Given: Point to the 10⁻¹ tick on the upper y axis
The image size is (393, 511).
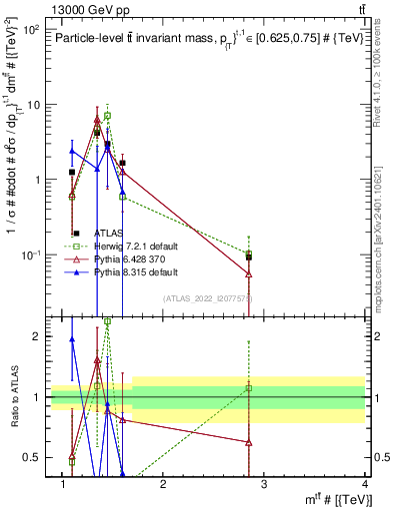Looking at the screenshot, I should point(30,255).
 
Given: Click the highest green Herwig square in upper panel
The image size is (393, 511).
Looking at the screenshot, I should point(107,116).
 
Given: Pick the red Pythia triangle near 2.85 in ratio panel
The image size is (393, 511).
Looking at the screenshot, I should point(248,442).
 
